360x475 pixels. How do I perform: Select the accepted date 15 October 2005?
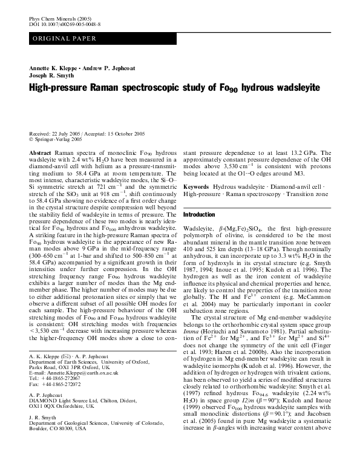[126, 133]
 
